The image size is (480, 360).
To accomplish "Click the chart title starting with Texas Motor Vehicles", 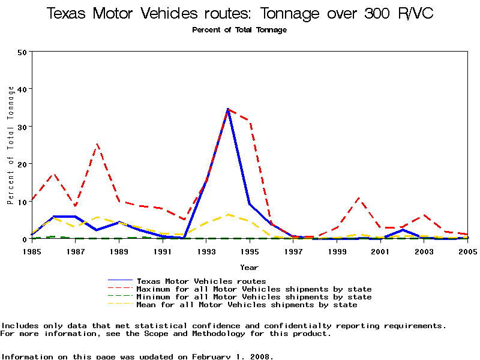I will [240, 14].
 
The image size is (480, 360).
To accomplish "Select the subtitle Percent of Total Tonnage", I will [239, 30].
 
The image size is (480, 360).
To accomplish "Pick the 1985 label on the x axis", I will [32, 251].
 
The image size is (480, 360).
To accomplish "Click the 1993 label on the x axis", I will [206, 251].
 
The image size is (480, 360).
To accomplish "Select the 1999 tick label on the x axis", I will [337, 251].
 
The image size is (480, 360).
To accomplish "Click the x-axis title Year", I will [249, 267].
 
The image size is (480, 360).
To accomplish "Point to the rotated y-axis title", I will [11, 145].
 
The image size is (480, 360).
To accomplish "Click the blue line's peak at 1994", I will [228, 109].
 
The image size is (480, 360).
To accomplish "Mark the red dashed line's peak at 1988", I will [97, 144].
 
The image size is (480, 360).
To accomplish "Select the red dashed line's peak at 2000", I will [358, 198].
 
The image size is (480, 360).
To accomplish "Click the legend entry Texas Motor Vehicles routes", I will [201, 281].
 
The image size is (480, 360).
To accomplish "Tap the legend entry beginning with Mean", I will [247, 305].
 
